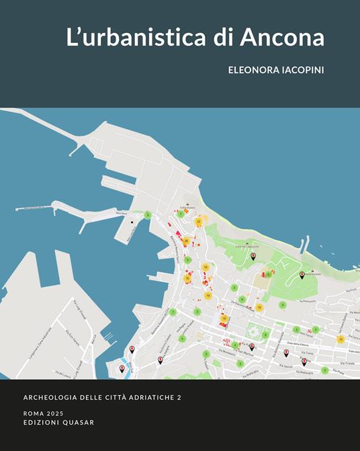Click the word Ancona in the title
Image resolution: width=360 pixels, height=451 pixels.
[x=287, y=38]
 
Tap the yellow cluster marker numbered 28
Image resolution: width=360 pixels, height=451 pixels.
[x=186, y=241]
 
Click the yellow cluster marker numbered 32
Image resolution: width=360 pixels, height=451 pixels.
[x=198, y=221]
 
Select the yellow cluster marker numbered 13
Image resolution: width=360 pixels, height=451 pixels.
[x=341, y=339]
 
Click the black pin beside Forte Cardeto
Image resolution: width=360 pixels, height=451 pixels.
[x=302, y=274]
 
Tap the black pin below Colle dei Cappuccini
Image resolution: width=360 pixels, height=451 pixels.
[x=253, y=256]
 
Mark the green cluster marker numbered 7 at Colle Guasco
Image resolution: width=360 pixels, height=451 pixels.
[x=180, y=214]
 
